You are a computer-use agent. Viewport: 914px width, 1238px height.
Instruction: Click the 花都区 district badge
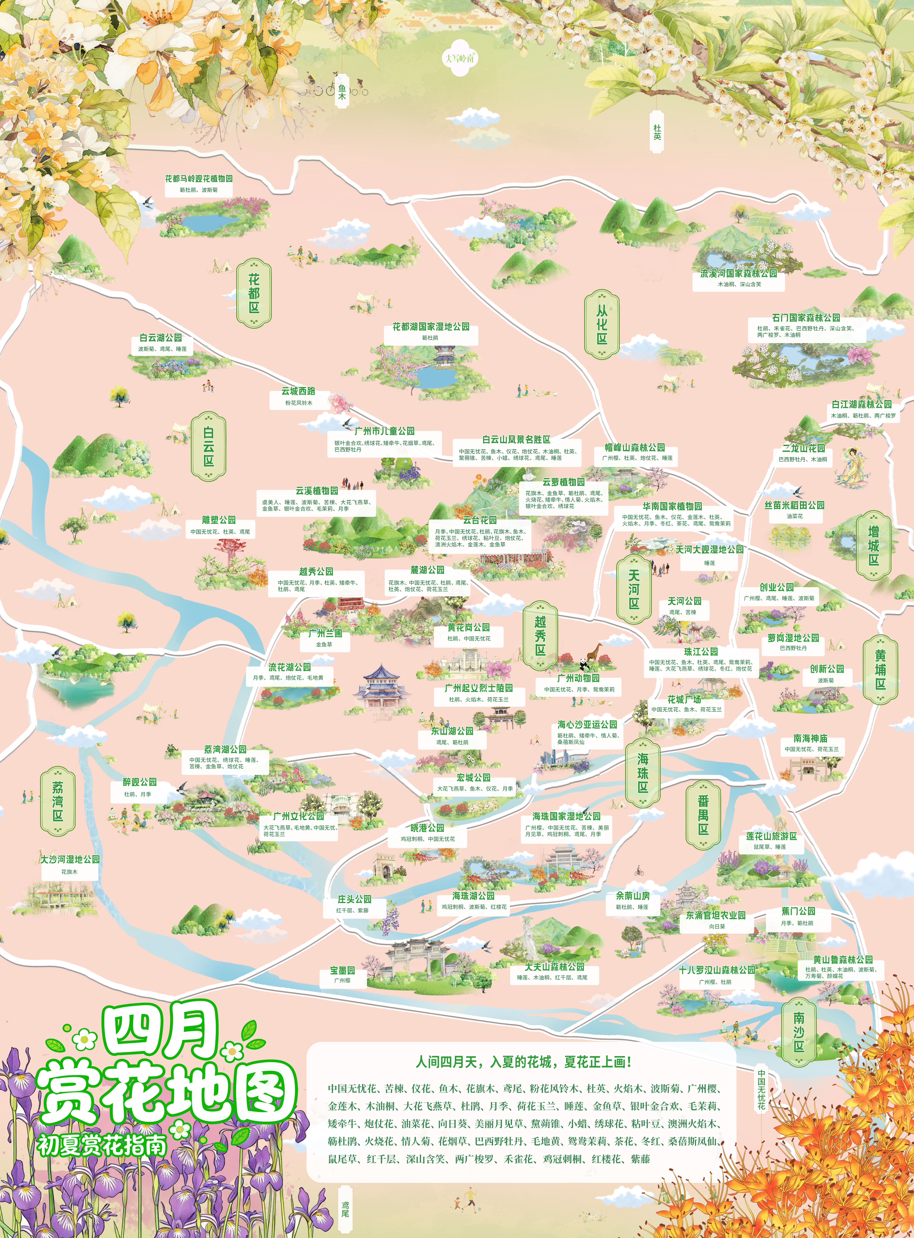(x=254, y=293)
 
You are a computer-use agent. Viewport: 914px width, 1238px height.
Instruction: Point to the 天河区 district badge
(x=634, y=589)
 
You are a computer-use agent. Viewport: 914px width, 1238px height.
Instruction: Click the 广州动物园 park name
(x=578, y=678)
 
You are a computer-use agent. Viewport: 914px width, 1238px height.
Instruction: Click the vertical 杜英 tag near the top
(x=657, y=132)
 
